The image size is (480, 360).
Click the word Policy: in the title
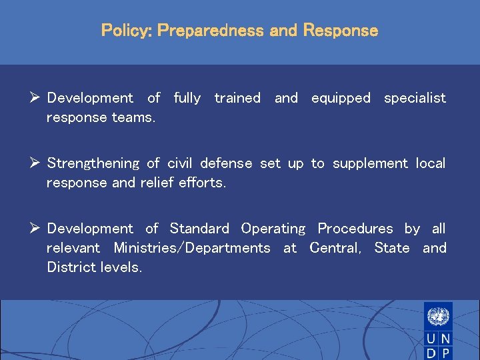coord(127,31)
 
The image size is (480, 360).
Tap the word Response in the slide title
coord(340,31)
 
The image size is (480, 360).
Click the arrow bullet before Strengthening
coord(37,163)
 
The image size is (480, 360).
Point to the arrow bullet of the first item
coord(37,98)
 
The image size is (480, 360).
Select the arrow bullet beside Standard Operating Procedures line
coord(37,229)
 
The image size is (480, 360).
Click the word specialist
coord(415,98)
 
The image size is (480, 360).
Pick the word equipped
coord(341,98)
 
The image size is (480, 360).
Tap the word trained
coord(237,98)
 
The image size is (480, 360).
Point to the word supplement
coord(369,163)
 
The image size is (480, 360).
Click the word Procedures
coord(355,229)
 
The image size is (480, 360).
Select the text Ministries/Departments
coord(192,248)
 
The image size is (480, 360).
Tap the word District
coord(69,267)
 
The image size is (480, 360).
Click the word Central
coord(335,248)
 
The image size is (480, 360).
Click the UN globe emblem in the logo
coord(438,315)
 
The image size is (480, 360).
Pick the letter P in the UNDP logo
coord(445,353)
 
